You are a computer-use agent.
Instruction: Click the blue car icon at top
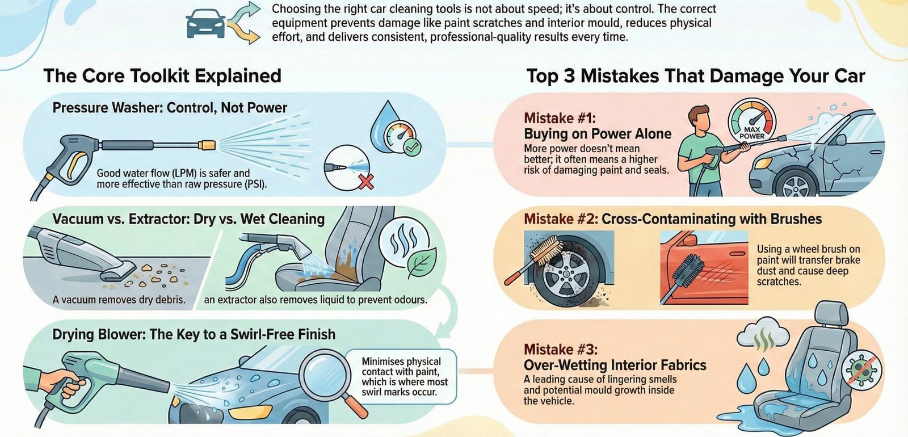pyautogui.click(x=205, y=24)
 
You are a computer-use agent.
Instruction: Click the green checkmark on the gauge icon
pyautogui.click(x=411, y=148)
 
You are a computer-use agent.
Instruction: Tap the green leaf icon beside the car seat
pyautogui.click(x=422, y=262)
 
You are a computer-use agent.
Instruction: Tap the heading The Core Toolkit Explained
pyautogui.click(x=162, y=75)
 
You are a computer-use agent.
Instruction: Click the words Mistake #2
pyautogui.click(x=560, y=219)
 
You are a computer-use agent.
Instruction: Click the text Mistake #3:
pyautogui.click(x=560, y=350)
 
